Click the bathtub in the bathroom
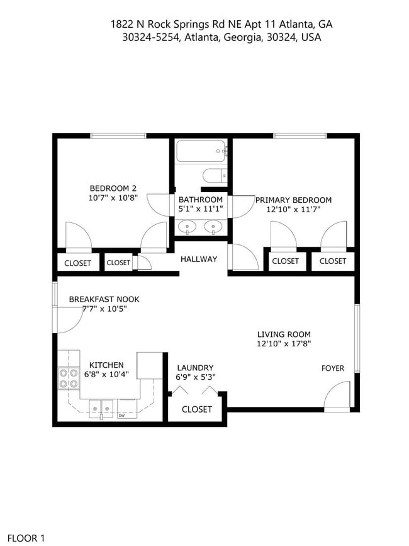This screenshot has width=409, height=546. (x=201, y=152)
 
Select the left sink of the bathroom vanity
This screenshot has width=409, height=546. (x=187, y=226)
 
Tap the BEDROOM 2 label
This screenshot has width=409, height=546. (x=113, y=188)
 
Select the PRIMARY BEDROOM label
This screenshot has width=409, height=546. (x=293, y=200)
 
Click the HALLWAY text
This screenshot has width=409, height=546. (x=199, y=259)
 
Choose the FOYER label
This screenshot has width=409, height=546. (x=333, y=368)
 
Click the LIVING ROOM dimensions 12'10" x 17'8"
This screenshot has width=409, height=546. (x=284, y=344)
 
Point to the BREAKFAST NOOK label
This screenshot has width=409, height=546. (x=104, y=299)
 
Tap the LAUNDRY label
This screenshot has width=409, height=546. (x=195, y=368)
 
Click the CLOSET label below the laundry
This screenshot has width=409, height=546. (x=197, y=409)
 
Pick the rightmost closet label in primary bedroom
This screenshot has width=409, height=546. (x=333, y=261)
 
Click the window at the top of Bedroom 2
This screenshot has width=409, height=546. (x=118, y=135)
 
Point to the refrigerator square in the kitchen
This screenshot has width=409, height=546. (x=149, y=365)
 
